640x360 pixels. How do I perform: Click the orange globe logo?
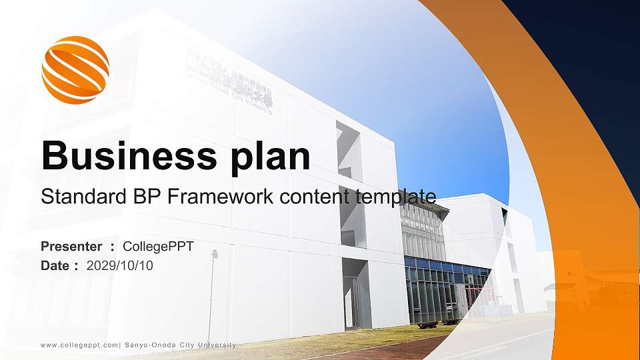[x=75, y=70]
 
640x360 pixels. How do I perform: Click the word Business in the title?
[x=124, y=156]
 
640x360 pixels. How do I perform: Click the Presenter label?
[x=71, y=247]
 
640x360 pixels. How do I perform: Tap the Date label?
[x=55, y=265]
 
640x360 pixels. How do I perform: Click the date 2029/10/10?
[x=120, y=265]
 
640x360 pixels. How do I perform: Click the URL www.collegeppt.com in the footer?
[x=79, y=345]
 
